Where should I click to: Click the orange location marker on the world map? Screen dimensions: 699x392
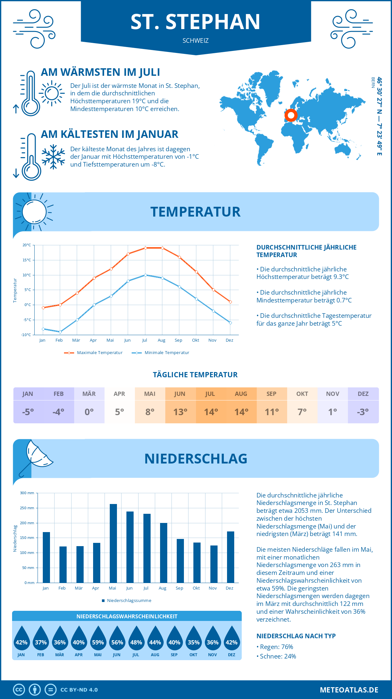click(x=290, y=115)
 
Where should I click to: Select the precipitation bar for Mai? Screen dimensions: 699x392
click(x=113, y=543)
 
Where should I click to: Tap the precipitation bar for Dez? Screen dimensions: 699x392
click(x=231, y=557)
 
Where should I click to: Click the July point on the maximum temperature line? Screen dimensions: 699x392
click(x=145, y=248)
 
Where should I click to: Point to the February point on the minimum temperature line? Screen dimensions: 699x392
click(x=60, y=332)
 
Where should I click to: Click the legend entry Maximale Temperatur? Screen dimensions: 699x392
click(x=93, y=353)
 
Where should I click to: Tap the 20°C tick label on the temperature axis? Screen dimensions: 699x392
click(x=27, y=245)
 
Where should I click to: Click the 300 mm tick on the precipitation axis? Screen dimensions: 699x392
click(x=27, y=493)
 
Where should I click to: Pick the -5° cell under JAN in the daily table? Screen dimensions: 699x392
click(x=28, y=412)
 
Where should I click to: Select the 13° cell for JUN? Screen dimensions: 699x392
click(x=180, y=412)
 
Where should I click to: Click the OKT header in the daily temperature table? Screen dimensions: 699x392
click(x=302, y=394)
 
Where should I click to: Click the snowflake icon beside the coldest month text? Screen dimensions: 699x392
click(x=53, y=157)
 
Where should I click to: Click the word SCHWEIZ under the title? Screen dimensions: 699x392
click(x=196, y=41)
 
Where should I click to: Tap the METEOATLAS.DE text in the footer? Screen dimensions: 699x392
click(x=349, y=690)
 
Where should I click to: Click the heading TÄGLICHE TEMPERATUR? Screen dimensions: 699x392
click(x=195, y=375)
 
